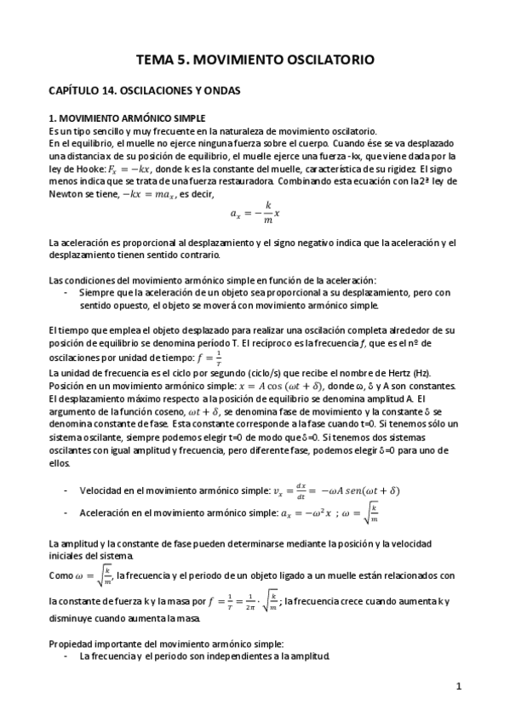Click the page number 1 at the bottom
pos(458,686)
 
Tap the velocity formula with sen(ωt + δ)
pos(337,491)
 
